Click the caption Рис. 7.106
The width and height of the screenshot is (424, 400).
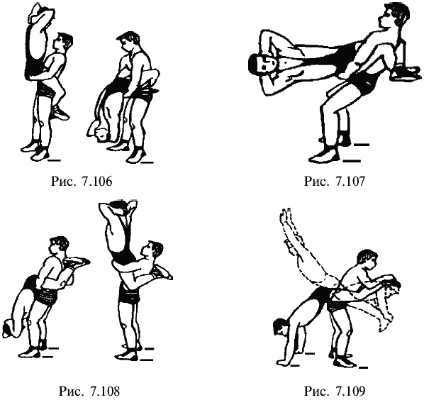pyautogui.click(x=82, y=181)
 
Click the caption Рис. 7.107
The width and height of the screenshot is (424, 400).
pyautogui.click(x=335, y=181)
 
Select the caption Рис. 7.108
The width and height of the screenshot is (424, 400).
pyautogui.click(x=89, y=391)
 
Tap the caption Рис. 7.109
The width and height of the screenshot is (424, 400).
pyautogui.click(x=335, y=391)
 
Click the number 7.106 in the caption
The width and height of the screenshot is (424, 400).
pyautogui.click(x=96, y=181)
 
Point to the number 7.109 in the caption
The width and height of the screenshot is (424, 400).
pyautogui.click(x=350, y=391)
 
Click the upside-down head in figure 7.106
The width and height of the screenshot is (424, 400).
pyautogui.click(x=99, y=132)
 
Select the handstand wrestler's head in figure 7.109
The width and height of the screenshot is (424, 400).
pyautogui.click(x=281, y=326)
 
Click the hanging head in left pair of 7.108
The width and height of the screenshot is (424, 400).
pyautogui.click(x=11, y=328)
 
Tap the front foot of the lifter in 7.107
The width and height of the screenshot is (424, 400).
pyautogui.click(x=325, y=155)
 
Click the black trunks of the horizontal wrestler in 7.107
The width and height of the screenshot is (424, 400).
pyautogui.click(x=344, y=54)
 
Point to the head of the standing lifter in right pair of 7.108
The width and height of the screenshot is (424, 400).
pyautogui.click(x=152, y=250)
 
